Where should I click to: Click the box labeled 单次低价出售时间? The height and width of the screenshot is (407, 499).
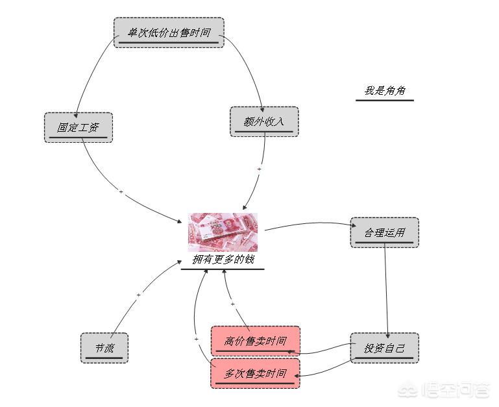(x=169, y=32)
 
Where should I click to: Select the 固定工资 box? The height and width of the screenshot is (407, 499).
(x=78, y=127)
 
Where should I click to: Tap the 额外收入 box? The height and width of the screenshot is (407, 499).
(x=264, y=121)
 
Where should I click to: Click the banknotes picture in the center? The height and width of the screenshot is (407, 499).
(x=223, y=232)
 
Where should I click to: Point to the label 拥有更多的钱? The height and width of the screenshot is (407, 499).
(x=223, y=260)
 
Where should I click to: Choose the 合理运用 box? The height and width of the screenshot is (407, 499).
(x=384, y=232)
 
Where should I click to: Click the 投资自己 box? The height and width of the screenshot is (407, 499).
(x=384, y=348)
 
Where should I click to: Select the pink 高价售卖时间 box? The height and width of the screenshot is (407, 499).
(x=255, y=341)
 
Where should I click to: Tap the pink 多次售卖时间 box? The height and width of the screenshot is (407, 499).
(x=255, y=373)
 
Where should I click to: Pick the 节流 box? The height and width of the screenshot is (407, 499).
(x=104, y=348)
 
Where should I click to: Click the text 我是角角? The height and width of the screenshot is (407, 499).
(x=384, y=91)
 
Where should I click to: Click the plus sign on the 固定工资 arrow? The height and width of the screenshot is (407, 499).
(x=121, y=191)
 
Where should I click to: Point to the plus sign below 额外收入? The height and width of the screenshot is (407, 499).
(x=259, y=169)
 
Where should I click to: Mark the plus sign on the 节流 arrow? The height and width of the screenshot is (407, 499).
(x=138, y=295)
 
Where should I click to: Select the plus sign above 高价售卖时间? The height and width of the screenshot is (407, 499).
(x=232, y=304)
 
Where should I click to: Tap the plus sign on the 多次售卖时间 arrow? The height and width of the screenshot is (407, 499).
(x=196, y=339)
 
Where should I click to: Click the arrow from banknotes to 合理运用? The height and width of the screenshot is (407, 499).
(x=308, y=224)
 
